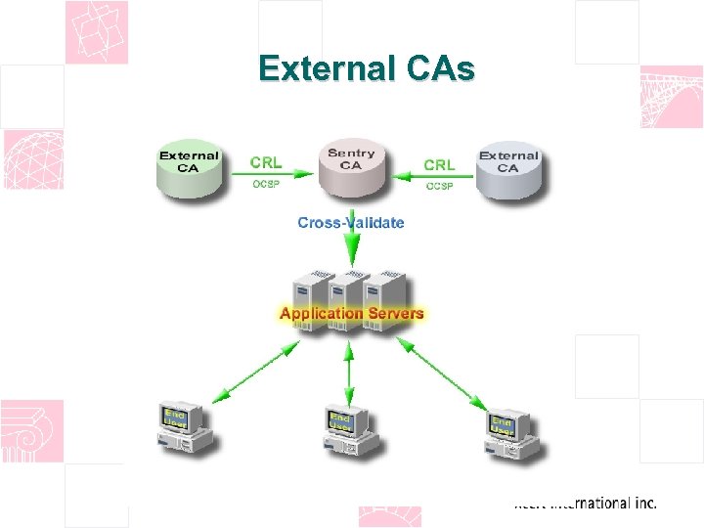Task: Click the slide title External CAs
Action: click(x=366, y=69)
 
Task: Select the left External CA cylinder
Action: click(x=190, y=168)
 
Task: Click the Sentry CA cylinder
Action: click(x=351, y=165)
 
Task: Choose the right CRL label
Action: click(x=439, y=164)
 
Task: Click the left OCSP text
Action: click(x=266, y=185)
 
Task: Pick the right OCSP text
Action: click(x=439, y=186)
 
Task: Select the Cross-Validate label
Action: click(x=350, y=222)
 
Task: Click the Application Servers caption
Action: click(x=352, y=313)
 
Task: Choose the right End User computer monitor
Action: click(x=503, y=424)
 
